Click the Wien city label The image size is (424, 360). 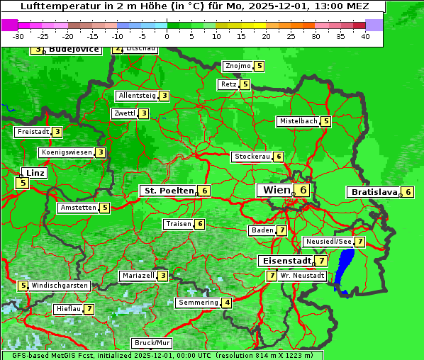coord(277,190)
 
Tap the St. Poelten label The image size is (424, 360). coord(167,191)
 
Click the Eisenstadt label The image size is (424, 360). coord(284,261)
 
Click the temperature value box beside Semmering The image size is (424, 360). coord(227,303)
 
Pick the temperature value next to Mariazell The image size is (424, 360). coord(163,276)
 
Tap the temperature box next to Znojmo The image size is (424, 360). coord(260,66)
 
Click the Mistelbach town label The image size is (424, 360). coord(298,121)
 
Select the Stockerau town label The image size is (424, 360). coord(252,157)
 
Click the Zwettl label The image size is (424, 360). coord(124,113)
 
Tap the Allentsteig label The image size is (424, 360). coord(137,96)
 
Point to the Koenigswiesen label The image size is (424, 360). coord(66,152)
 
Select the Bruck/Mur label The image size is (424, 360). coord(153,343)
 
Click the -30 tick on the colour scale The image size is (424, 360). coord(18,36)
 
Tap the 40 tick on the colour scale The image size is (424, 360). coord(365,36)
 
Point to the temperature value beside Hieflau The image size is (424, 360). coord(89,309)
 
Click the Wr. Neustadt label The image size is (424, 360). coord(303,275)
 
